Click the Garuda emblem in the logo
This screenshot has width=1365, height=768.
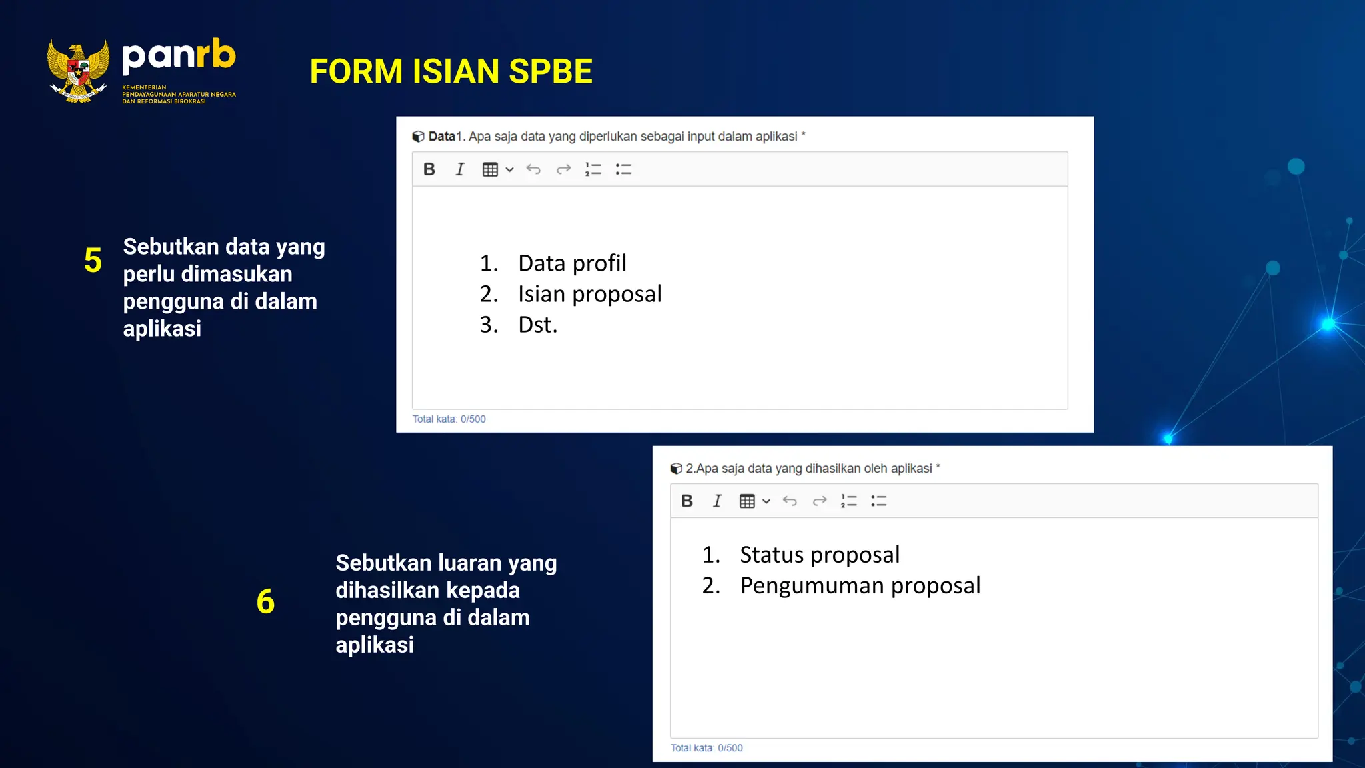pyautogui.click(x=78, y=71)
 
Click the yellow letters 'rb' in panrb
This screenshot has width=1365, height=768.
pyautogui.click(x=215, y=55)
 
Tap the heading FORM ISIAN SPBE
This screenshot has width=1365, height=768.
pyautogui.click(x=451, y=71)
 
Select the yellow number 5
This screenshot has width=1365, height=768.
pyautogui.click(x=93, y=261)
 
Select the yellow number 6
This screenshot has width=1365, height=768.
pyautogui.click(x=265, y=601)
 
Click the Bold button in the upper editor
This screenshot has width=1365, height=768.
pyautogui.click(x=429, y=169)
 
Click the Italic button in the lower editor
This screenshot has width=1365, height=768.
pyautogui.click(x=717, y=501)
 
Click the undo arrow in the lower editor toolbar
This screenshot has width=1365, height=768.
pyautogui.click(x=790, y=501)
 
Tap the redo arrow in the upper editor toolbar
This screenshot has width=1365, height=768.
pyautogui.click(x=563, y=169)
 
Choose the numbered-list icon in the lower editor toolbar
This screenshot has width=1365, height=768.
pyautogui.click(x=848, y=501)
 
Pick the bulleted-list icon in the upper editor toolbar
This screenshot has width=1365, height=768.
pyautogui.click(x=623, y=169)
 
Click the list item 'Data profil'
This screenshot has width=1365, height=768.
pyautogui.click(x=572, y=263)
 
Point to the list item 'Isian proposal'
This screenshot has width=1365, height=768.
pyautogui.click(x=589, y=294)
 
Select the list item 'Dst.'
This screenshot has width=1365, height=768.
pyautogui.click(x=537, y=325)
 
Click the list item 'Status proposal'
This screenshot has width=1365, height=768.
pyautogui.click(x=819, y=555)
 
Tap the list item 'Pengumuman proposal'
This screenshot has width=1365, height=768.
pyautogui.click(x=860, y=585)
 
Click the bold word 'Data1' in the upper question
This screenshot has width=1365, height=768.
pyautogui.click(x=442, y=137)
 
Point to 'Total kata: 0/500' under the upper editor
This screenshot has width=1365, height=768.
pyautogui.click(x=449, y=419)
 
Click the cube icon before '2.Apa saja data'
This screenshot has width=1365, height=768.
pyautogui.click(x=676, y=469)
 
